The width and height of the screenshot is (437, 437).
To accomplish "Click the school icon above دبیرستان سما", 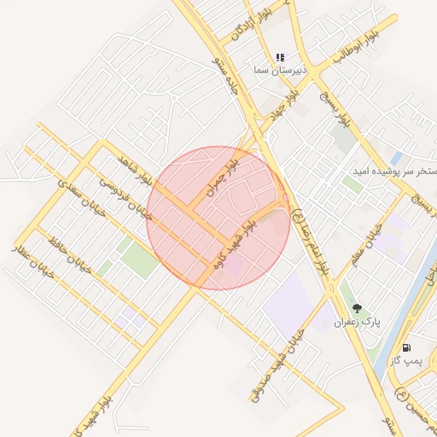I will tap(279, 58).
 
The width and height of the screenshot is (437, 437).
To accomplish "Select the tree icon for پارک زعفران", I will tap(357, 309).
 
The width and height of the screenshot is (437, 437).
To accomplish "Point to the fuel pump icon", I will tap(405, 348).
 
